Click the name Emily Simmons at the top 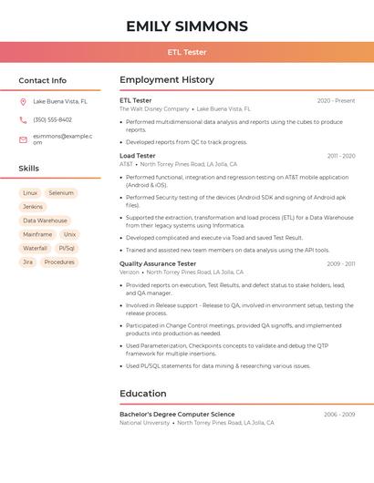click(187, 26)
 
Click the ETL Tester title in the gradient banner click(187, 52)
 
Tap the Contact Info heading click(43, 80)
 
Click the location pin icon click(23, 102)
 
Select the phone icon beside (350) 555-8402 click(23, 120)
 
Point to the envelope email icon click(23, 139)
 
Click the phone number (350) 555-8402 click(53, 120)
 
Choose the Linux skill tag click(30, 193)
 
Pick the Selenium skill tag click(61, 193)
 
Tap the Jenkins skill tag click(33, 207)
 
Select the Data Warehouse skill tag click(45, 221)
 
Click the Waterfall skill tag click(35, 248)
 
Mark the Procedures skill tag click(59, 262)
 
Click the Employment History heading click(167, 80)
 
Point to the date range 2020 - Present click(336, 101)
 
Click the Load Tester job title click(138, 156)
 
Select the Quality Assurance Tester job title click(158, 263)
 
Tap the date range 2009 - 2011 click(341, 264)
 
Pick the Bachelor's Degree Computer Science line click(177, 415)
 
